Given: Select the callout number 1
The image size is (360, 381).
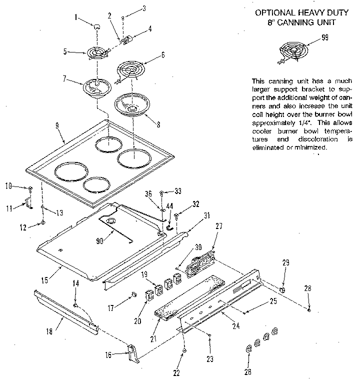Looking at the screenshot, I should pyautogui.click(x=76, y=17).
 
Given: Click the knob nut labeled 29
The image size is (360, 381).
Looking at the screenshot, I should pyautogui.click(x=282, y=290).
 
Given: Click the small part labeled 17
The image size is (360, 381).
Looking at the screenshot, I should pyautogui.click(x=133, y=293).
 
